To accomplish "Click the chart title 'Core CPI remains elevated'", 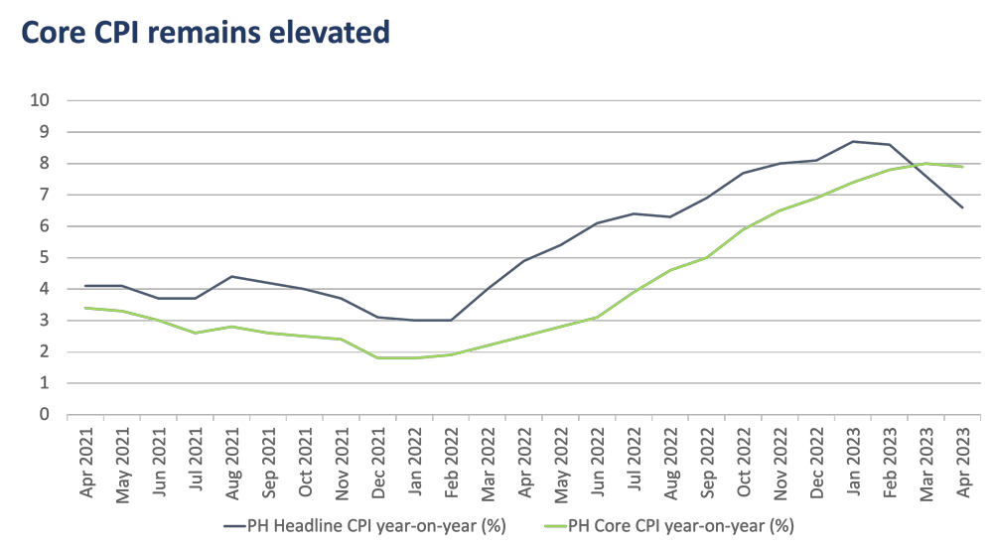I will pyautogui.click(x=205, y=32).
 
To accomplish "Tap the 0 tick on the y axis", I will pyautogui.click(x=45, y=415).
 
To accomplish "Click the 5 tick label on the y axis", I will pyautogui.click(x=45, y=258).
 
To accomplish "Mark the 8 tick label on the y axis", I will pyautogui.click(x=45, y=164).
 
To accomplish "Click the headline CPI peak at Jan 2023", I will pyautogui.click(x=854, y=141).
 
